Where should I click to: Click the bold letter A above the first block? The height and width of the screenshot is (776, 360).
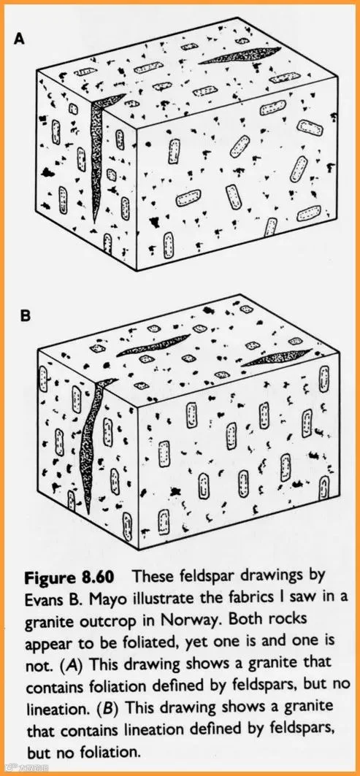point(19,39)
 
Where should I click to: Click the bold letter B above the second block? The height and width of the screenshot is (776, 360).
point(26,315)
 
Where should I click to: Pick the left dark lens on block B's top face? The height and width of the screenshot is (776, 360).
point(153,345)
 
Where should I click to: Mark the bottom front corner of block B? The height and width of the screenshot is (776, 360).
point(138,548)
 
